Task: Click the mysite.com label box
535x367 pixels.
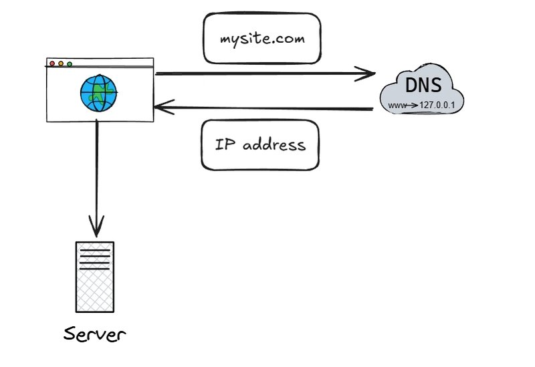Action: click(262, 39)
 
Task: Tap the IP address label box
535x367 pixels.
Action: click(260, 144)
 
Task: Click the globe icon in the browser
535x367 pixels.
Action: click(98, 93)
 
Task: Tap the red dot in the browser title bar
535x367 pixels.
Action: click(52, 64)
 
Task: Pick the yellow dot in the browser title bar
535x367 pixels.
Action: click(61, 64)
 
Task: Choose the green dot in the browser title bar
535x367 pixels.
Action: click(70, 64)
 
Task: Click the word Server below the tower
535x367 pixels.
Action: click(94, 334)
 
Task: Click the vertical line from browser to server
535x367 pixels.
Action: click(98, 174)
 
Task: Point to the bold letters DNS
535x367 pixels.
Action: click(423, 86)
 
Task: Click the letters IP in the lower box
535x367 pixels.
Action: click(223, 144)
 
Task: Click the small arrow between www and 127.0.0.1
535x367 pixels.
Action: click(412, 105)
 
